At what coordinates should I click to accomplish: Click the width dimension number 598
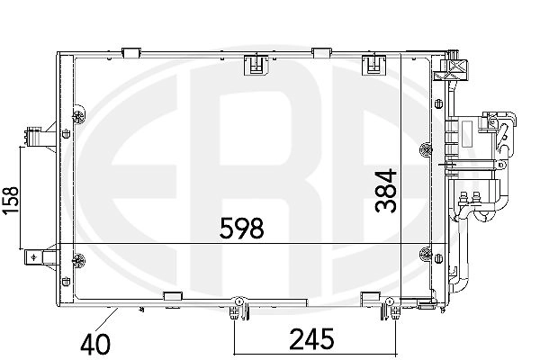[242, 228]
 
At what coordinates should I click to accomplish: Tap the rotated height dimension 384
[386, 191]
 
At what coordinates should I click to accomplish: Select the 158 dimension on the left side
[10, 201]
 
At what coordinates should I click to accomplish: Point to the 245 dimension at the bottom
[312, 338]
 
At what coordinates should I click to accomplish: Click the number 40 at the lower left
[95, 344]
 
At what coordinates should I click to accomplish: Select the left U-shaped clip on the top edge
[256, 65]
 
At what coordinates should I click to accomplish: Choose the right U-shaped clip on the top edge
[373, 65]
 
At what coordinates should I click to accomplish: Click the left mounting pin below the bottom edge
[235, 308]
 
